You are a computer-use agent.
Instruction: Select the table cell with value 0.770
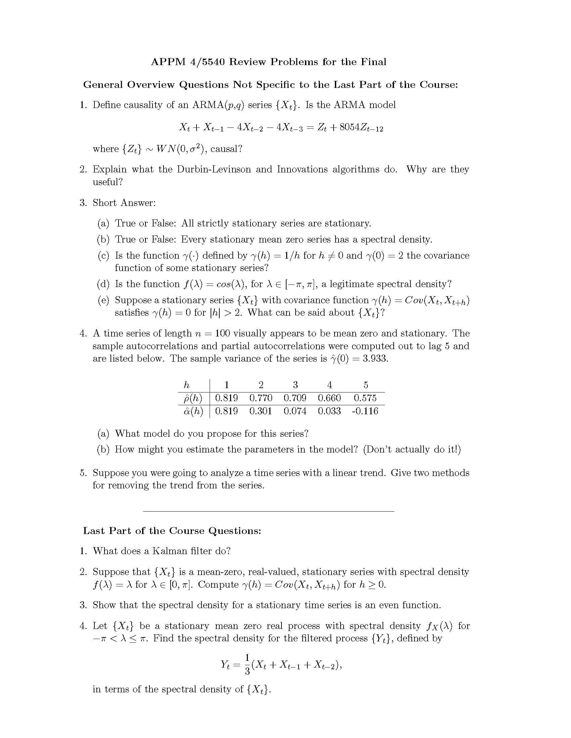click(260, 398)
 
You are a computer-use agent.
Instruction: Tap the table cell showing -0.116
click(365, 411)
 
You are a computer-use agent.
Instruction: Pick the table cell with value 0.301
click(260, 411)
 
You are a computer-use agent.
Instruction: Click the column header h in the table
click(186, 385)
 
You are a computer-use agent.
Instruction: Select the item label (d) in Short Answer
click(103, 284)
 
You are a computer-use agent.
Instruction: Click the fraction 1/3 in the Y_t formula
click(247, 664)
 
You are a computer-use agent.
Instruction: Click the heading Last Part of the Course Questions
click(172, 531)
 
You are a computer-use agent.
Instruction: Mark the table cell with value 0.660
click(329, 398)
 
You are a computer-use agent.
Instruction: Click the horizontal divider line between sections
click(269, 511)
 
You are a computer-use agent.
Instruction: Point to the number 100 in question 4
click(222, 333)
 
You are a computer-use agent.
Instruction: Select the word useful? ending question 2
click(107, 182)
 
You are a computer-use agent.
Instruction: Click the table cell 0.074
click(295, 411)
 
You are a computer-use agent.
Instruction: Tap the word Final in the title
click(374, 62)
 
